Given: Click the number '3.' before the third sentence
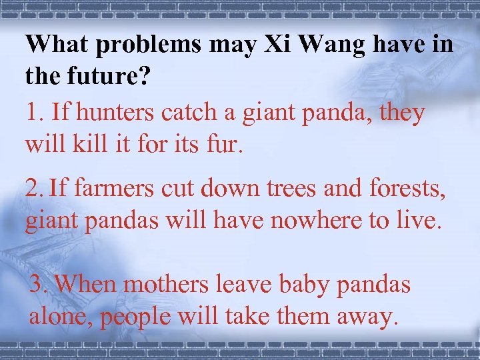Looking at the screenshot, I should (39, 284).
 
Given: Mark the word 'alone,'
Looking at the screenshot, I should (61, 316).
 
